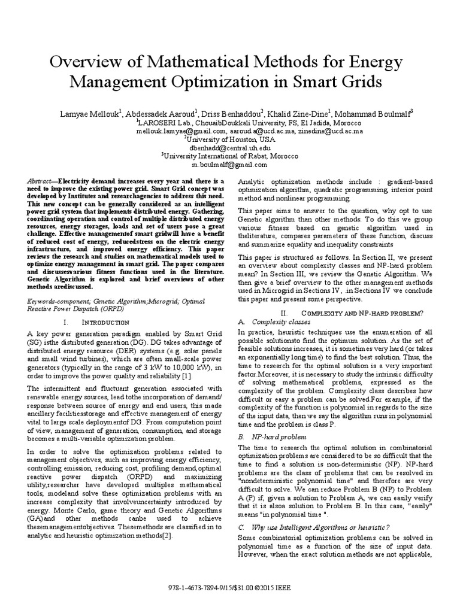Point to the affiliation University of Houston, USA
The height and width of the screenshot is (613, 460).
[x=230, y=138]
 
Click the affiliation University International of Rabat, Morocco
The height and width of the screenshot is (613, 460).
[x=230, y=156]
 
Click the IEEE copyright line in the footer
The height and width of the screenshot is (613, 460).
[x=229, y=587]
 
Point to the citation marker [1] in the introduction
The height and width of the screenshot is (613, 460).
[x=187, y=375]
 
